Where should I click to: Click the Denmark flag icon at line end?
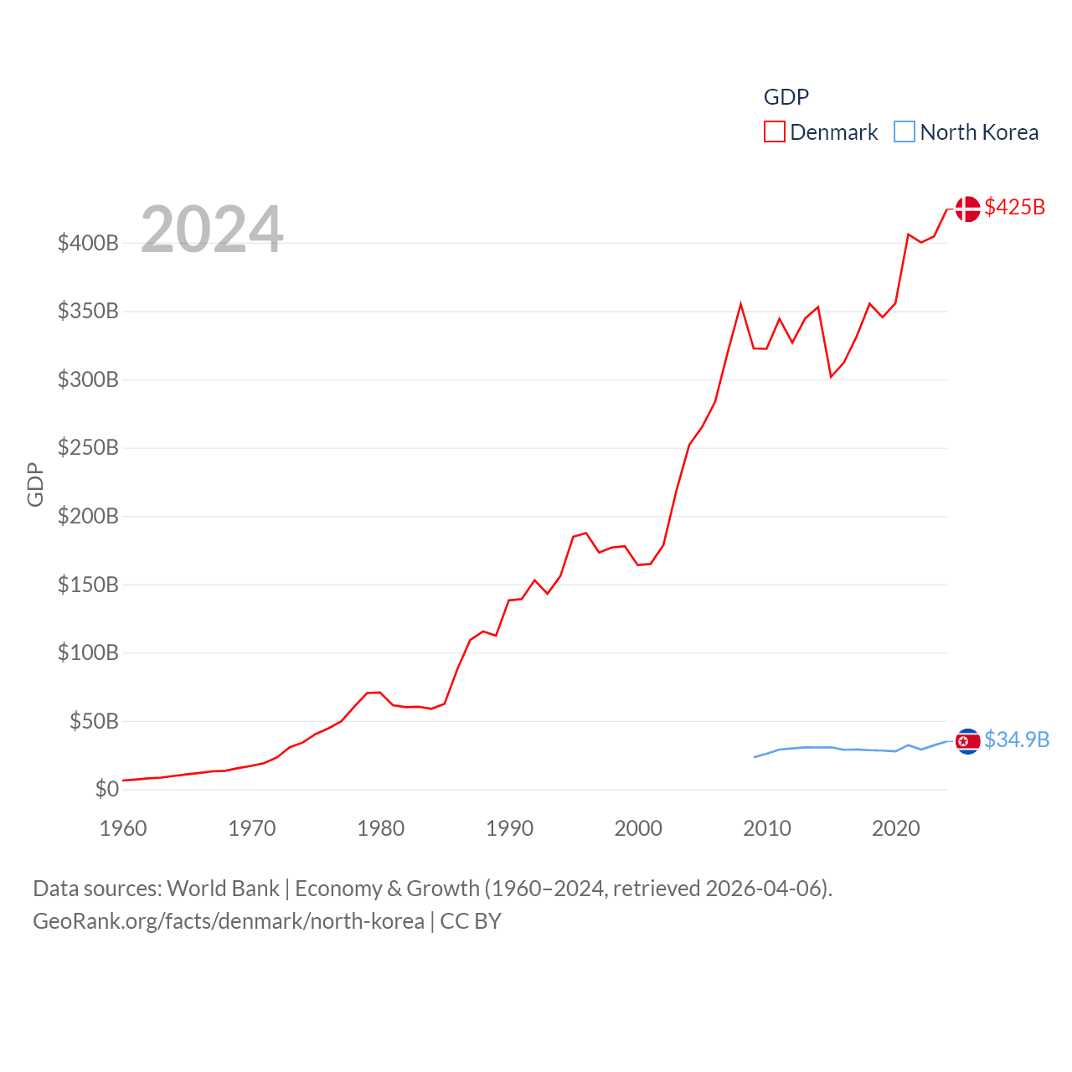click(967, 209)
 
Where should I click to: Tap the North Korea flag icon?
click(967, 741)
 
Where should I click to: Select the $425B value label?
click(1015, 207)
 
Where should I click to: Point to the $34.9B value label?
click(1017, 740)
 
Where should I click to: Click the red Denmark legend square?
click(775, 132)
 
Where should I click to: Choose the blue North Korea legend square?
click(904, 132)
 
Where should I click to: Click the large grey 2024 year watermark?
click(212, 229)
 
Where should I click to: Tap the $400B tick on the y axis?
click(88, 244)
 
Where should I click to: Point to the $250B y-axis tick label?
click(88, 448)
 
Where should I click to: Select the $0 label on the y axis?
click(106, 789)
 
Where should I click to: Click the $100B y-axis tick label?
click(88, 652)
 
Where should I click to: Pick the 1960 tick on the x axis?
click(123, 828)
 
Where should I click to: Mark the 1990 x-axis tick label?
click(509, 828)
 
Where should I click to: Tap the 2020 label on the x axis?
click(895, 828)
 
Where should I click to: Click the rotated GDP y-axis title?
click(35, 484)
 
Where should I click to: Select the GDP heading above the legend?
click(786, 97)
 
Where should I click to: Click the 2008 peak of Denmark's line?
click(740, 304)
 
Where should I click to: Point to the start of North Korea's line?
click(755, 757)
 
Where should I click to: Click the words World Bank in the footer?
click(223, 889)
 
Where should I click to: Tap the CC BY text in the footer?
click(471, 921)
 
